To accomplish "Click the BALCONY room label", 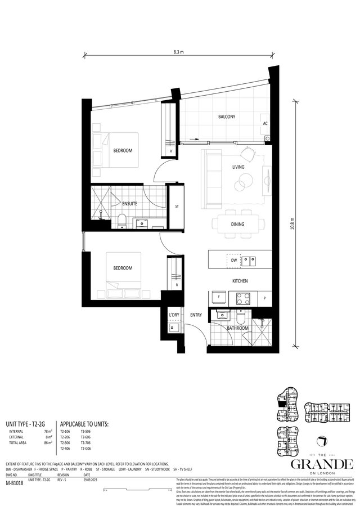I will click(x=227, y=117).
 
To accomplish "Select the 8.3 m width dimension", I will click(x=180, y=51).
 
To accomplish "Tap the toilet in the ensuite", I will click(x=123, y=221).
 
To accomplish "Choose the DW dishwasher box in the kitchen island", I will click(x=233, y=261).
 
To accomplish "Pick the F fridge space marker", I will click(x=218, y=297).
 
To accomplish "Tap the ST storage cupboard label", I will click(x=176, y=207).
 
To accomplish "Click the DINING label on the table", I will click(x=237, y=224).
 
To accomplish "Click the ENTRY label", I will click(x=196, y=315).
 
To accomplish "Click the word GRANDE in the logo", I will click(x=321, y=463).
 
